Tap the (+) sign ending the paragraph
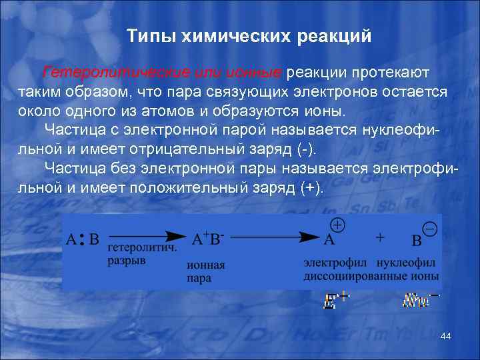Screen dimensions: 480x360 pos(311,187)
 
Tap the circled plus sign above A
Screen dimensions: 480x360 pos(338,225)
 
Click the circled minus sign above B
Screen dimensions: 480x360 pos(430,229)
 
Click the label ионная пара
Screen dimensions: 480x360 pos(206,271)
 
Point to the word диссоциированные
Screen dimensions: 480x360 pos(351,275)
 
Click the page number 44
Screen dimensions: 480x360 pos(446,337)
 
